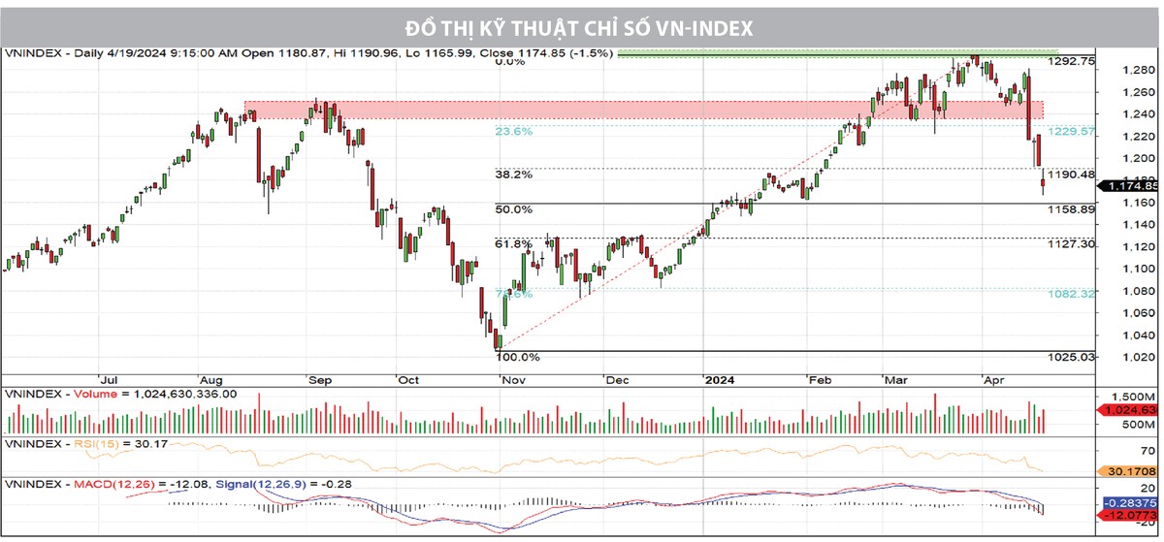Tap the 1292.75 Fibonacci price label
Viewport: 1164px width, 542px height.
click(x=1073, y=60)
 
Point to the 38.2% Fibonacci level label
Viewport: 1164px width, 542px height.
click(x=513, y=175)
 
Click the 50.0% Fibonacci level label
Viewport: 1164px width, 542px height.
click(x=513, y=208)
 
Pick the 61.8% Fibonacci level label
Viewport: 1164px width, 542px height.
click(x=513, y=243)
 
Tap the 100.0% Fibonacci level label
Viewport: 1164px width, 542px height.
click(x=517, y=357)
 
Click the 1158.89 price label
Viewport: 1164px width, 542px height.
click(x=1073, y=208)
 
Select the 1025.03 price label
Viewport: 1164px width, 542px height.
click(x=1073, y=357)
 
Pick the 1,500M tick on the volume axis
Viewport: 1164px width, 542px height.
click(x=1131, y=398)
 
